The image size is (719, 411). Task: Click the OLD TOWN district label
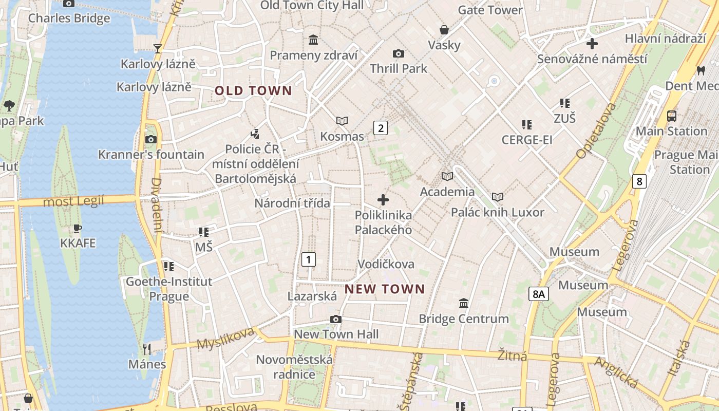[x=253, y=91]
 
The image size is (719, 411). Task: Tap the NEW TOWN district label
[x=385, y=289]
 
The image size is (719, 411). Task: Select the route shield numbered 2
[x=380, y=128]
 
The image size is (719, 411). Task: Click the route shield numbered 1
[x=308, y=259]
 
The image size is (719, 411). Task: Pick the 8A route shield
[x=539, y=294]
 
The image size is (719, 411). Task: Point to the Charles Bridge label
[x=69, y=18]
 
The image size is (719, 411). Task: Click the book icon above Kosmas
[x=342, y=121]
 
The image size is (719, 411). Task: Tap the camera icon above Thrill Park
[x=398, y=53]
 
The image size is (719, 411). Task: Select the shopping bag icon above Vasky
[x=444, y=30]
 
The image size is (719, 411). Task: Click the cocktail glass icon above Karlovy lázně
[x=158, y=49]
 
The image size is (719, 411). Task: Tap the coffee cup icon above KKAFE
[x=78, y=228]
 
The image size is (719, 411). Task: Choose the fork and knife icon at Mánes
[x=147, y=349]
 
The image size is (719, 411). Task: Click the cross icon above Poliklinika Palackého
[x=383, y=200]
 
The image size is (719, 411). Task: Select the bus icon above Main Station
[x=671, y=116]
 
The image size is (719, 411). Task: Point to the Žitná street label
[x=512, y=355]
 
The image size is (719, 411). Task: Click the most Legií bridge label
[x=73, y=201]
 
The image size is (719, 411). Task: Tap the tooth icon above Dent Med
[x=701, y=70]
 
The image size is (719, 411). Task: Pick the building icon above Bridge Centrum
[x=464, y=303]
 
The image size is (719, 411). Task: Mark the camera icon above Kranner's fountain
[x=151, y=139]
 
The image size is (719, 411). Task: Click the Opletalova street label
[x=596, y=130]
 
